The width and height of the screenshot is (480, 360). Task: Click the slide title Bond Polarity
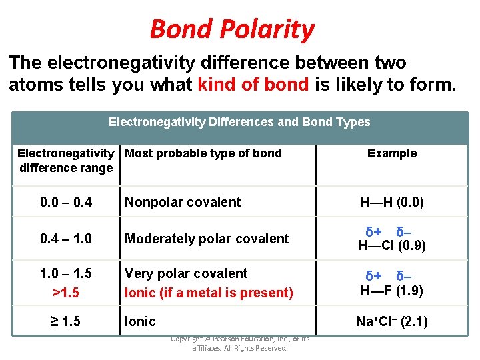point(231,29)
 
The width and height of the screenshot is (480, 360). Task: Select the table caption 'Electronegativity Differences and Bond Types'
point(239,122)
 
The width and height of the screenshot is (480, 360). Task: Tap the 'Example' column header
point(392,153)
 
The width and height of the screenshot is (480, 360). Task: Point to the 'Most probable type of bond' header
point(203,153)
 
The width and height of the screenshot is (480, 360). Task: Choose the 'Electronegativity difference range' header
point(66,161)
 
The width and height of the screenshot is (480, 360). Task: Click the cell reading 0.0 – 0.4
point(66,202)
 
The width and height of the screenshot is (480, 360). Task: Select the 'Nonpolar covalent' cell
point(183,202)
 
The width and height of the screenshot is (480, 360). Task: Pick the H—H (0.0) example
point(392,202)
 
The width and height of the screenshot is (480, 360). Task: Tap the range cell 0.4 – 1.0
point(66,239)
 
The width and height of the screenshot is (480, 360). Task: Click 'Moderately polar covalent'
point(207,239)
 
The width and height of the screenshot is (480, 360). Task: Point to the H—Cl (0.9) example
point(392,245)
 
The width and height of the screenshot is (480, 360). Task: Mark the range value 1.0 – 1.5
point(66,274)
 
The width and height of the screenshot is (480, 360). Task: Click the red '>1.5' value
point(66,292)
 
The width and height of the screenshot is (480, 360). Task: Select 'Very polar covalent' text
point(186,274)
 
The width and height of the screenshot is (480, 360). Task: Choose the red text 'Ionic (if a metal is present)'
point(209,293)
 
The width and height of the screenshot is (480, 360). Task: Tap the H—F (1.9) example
point(392,291)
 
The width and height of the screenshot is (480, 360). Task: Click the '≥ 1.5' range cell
point(66,321)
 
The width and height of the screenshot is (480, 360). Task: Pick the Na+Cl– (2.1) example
point(392,322)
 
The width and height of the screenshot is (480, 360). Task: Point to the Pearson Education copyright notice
point(240,343)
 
